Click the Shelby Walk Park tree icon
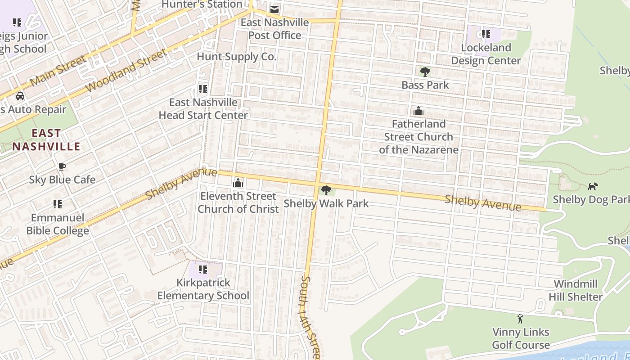[326, 190]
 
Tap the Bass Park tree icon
[425, 72]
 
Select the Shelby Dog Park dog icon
[593, 186]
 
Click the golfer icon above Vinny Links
[521, 319]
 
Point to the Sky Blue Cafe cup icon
[62, 166]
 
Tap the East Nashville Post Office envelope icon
[274, 9]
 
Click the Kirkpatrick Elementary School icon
[203, 270]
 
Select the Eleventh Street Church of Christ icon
[238, 183]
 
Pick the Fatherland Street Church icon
[418, 111]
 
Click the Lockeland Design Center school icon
[486, 34]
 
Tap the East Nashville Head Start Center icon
[203, 89]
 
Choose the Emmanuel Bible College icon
[57, 204]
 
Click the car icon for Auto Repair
[20, 96]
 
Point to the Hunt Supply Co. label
[236, 57]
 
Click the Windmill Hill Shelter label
[576, 290]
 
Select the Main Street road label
[58, 70]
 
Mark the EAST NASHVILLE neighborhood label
[46, 139]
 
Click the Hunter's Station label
[202, 4]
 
